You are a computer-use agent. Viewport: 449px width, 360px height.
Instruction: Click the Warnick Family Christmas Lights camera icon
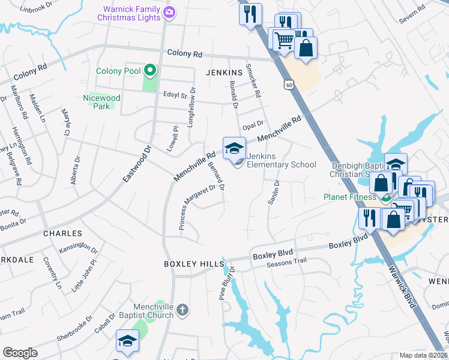tap(169, 12)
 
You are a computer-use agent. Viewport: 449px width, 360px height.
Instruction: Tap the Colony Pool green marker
tap(149, 71)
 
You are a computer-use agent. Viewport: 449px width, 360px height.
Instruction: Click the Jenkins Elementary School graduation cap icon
tap(234, 149)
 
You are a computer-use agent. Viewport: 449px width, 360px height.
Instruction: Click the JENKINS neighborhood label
tap(224, 72)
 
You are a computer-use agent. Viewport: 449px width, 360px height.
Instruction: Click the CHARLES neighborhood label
tap(62, 233)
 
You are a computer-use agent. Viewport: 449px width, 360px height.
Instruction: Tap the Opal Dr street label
tap(253, 124)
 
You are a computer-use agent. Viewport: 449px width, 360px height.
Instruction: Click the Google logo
tap(20, 353)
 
